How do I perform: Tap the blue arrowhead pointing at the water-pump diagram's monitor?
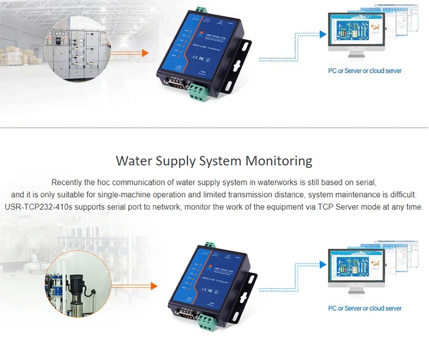[x=323, y=263]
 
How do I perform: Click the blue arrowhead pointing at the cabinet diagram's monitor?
[x=323, y=34]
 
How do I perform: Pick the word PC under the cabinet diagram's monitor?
[x=333, y=71]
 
